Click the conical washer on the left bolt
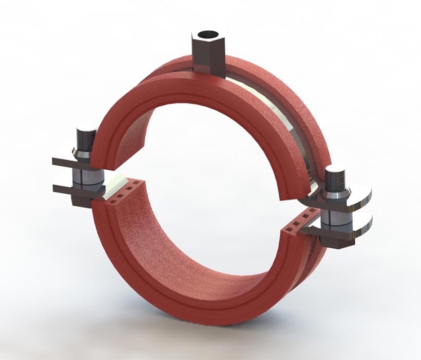tap(84, 152)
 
